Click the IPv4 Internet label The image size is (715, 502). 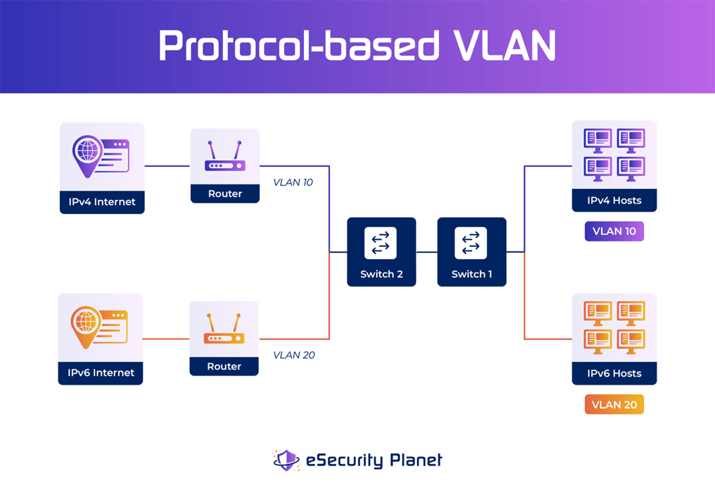102,202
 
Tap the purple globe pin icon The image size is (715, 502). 86,155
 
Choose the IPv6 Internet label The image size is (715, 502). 100,373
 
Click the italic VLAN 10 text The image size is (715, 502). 293,182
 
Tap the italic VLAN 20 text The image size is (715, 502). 293,355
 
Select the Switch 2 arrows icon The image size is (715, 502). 381,243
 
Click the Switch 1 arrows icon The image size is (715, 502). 471,243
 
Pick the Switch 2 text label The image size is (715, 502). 381,274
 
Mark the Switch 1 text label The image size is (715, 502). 471,274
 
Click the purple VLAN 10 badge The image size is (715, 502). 614,231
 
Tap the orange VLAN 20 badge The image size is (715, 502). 614,404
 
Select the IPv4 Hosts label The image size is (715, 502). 614,200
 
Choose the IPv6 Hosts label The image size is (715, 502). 614,373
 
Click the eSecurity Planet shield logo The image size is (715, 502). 287,460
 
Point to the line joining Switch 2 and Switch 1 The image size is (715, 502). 426,252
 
